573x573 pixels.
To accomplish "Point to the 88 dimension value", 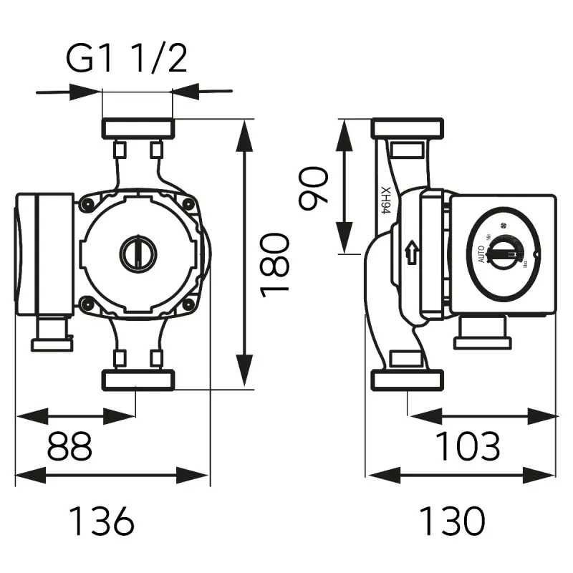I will click(x=69, y=447).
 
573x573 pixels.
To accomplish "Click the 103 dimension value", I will click(x=469, y=447).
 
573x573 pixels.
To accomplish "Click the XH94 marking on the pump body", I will click(x=386, y=200).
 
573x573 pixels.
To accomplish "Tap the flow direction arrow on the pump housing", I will click(x=411, y=252).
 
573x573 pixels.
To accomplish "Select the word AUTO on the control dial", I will click(x=481, y=254).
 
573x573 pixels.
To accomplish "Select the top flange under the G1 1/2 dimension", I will click(x=138, y=129).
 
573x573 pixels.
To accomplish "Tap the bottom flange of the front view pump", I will click(x=139, y=380).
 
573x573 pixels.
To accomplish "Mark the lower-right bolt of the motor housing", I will click(x=189, y=304).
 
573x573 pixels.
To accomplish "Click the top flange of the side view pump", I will click(x=408, y=129).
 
